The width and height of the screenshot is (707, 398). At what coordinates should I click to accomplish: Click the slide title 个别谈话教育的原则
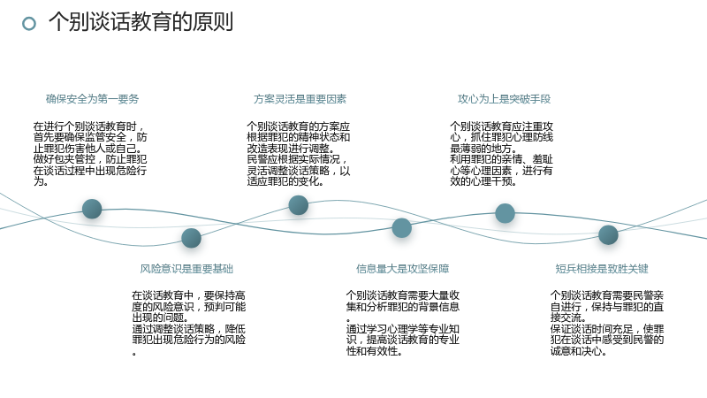pos(141,21)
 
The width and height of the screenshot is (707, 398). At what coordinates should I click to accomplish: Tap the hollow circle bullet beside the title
pos(29,24)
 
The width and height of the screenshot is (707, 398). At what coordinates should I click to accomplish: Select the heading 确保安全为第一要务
pos(93,99)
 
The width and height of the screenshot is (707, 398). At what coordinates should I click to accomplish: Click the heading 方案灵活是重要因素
pos(300,99)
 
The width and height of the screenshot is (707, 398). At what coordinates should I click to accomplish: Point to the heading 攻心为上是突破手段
pos(504,99)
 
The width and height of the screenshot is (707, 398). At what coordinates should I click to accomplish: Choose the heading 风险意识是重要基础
pos(186,269)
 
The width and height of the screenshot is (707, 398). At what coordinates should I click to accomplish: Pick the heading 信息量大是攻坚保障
pos(403,269)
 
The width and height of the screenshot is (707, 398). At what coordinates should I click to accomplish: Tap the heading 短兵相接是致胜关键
pos(602,269)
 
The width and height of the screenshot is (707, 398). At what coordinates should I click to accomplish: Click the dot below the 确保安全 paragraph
pos(92,209)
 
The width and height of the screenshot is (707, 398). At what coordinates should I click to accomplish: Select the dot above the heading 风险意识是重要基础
pos(191,238)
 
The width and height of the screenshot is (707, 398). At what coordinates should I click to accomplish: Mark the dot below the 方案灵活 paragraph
pos(298,205)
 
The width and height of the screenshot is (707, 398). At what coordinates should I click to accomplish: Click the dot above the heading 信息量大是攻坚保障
pos(402,228)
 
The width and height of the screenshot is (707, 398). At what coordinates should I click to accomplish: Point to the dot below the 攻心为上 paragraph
pos(505,213)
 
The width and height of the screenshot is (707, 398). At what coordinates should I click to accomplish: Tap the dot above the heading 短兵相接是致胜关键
pos(608,234)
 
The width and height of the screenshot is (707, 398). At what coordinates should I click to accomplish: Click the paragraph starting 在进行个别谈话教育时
pos(90,154)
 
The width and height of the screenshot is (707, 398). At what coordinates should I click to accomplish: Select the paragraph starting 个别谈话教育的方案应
pos(299,154)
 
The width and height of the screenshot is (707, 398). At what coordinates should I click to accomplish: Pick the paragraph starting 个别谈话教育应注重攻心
pos(501,154)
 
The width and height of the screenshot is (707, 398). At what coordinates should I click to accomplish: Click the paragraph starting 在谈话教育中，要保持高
pos(189,323)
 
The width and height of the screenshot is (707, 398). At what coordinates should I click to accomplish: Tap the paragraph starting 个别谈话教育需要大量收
pos(403,323)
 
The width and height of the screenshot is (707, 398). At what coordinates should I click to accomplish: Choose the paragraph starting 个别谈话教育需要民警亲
pos(607,323)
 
